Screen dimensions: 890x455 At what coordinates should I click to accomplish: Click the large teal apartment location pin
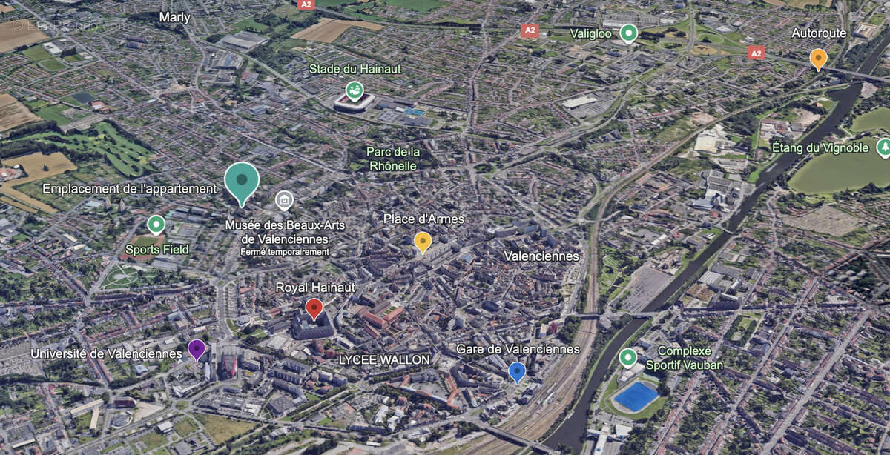coord(242,180)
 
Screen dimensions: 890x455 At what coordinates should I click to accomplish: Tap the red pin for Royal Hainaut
coord(314,308)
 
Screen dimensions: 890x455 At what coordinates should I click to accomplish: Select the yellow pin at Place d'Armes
coord(423,241)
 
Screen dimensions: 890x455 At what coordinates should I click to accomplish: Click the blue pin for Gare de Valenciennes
coord(517,371)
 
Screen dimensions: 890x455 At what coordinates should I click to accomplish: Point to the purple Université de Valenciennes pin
coord(197,348)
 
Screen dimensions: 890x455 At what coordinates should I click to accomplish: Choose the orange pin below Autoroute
coord(818,58)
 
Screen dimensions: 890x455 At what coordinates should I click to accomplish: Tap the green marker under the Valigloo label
coord(629,33)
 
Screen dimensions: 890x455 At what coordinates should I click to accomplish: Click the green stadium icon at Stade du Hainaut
coord(355,90)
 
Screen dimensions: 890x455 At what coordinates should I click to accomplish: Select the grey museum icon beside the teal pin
coord(283,200)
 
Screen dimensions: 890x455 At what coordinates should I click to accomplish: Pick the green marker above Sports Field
coord(156,224)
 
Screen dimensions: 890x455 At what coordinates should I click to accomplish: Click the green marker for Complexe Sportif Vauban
coord(628,358)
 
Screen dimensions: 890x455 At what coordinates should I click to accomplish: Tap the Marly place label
coord(175,17)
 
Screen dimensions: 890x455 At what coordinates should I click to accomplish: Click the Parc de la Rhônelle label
coord(393,159)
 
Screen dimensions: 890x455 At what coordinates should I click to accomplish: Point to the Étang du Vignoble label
coord(820,148)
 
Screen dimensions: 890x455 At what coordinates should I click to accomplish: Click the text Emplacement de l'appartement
coord(129,189)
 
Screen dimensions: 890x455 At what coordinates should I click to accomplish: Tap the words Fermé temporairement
coord(284,252)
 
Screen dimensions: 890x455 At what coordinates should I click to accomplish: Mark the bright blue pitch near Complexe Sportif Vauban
coord(636,396)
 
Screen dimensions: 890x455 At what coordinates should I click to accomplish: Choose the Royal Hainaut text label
coord(315,287)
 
